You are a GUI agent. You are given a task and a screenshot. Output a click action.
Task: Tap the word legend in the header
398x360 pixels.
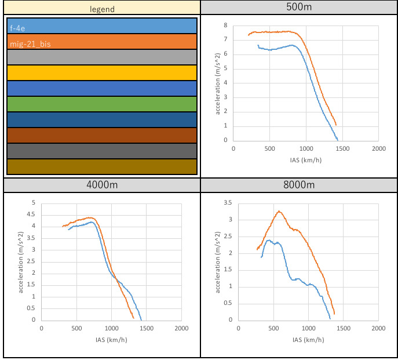pyautogui.click(x=101, y=9)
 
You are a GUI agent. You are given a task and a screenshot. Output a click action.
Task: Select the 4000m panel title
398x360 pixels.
pyautogui.click(x=101, y=185)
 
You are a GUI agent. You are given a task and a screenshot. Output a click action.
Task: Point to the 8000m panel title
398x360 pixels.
pyautogui.click(x=299, y=185)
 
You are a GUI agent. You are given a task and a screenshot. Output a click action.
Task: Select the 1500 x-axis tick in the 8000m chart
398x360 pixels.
pyautogui.click(x=343, y=329)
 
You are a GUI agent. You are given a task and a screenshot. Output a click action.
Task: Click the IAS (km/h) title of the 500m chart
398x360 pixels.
pyautogui.click(x=306, y=161)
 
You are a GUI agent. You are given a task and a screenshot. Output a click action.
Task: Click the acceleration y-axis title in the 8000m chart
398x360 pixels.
pyautogui.click(x=218, y=261)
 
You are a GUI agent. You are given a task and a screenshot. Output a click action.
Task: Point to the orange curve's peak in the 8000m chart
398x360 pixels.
pyautogui.click(x=279, y=211)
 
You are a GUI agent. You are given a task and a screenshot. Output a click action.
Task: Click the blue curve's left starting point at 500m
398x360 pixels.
pyautogui.click(x=258, y=45)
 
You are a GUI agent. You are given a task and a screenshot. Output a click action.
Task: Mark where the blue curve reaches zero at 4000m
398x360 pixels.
pyautogui.click(x=141, y=320)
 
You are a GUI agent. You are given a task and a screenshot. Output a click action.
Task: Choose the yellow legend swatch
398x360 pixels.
pyautogui.click(x=102, y=73)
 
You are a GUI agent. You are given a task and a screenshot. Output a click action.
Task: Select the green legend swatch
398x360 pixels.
pyautogui.click(x=102, y=104)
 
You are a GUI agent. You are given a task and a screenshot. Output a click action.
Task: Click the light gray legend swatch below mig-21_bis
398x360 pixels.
pyautogui.click(x=102, y=57)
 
